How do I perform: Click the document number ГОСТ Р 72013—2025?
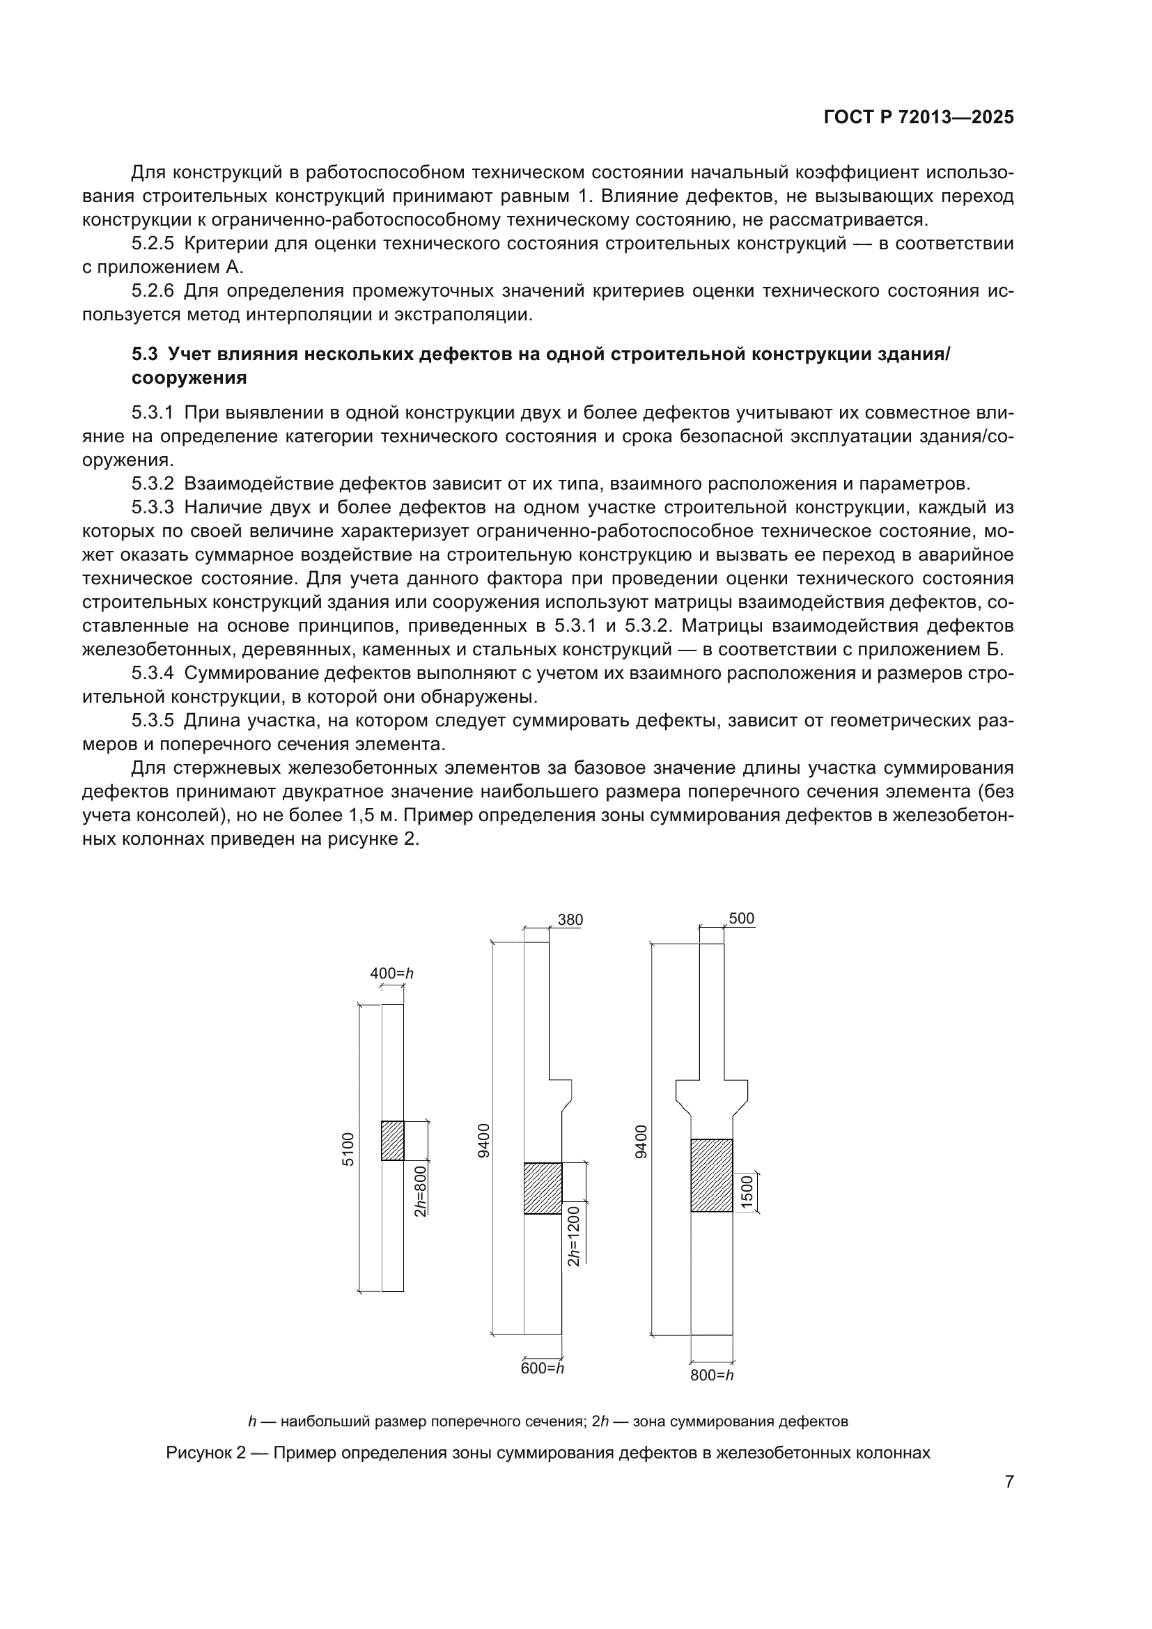tap(919, 118)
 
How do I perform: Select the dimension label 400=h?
tap(391, 974)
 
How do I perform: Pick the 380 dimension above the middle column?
tap(570, 920)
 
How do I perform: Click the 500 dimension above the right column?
tap(741, 919)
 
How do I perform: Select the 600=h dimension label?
tap(542, 1369)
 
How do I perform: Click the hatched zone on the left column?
tap(392, 1140)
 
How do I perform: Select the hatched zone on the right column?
tap(712, 1175)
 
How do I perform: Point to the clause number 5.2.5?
tap(153, 244)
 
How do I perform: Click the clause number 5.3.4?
tap(153, 673)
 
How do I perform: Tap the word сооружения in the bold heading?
tap(189, 378)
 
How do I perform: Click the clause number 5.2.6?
tap(153, 291)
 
